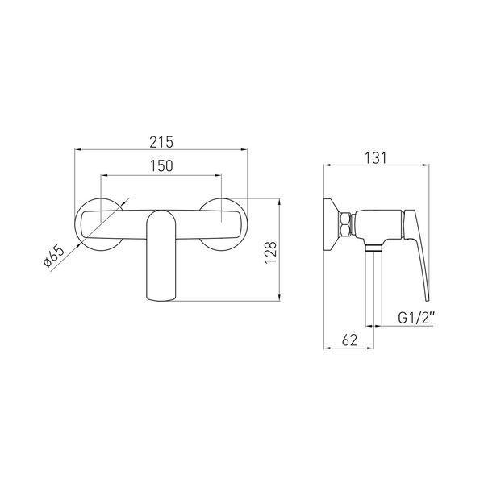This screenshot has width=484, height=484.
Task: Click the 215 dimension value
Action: click(x=161, y=142)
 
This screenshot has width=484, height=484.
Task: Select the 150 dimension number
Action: click(x=161, y=165)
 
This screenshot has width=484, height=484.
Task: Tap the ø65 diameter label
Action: click(x=54, y=257)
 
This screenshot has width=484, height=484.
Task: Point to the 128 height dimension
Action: click(x=270, y=252)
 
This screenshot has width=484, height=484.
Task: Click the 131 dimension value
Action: click(x=376, y=158)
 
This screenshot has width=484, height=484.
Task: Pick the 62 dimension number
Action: click(x=349, y=340)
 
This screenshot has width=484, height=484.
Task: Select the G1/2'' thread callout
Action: click(x=416, y=318)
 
